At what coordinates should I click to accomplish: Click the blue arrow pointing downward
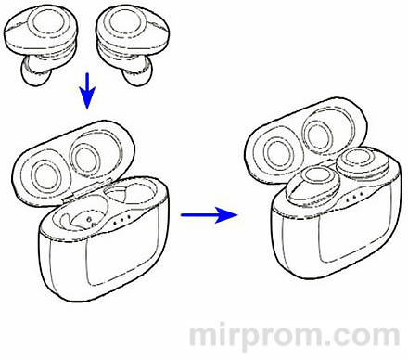[87, 91]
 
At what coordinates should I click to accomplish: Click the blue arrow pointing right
[210, 215]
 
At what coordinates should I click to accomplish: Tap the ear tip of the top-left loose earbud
[34, 71]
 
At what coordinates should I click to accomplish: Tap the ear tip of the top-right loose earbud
[138, 71]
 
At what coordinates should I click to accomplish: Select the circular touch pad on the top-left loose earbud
[46, 20]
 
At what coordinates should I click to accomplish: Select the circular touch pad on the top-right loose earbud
[124, 20]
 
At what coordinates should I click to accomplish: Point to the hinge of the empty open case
[87, 190]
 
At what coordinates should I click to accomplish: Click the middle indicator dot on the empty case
[121, 221]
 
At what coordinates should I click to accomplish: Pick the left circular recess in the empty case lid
[45, 174]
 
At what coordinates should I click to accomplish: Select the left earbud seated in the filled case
[312, 185]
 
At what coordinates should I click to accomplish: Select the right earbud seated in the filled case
[363, 163]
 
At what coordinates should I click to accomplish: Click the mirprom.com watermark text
[294, 337]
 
